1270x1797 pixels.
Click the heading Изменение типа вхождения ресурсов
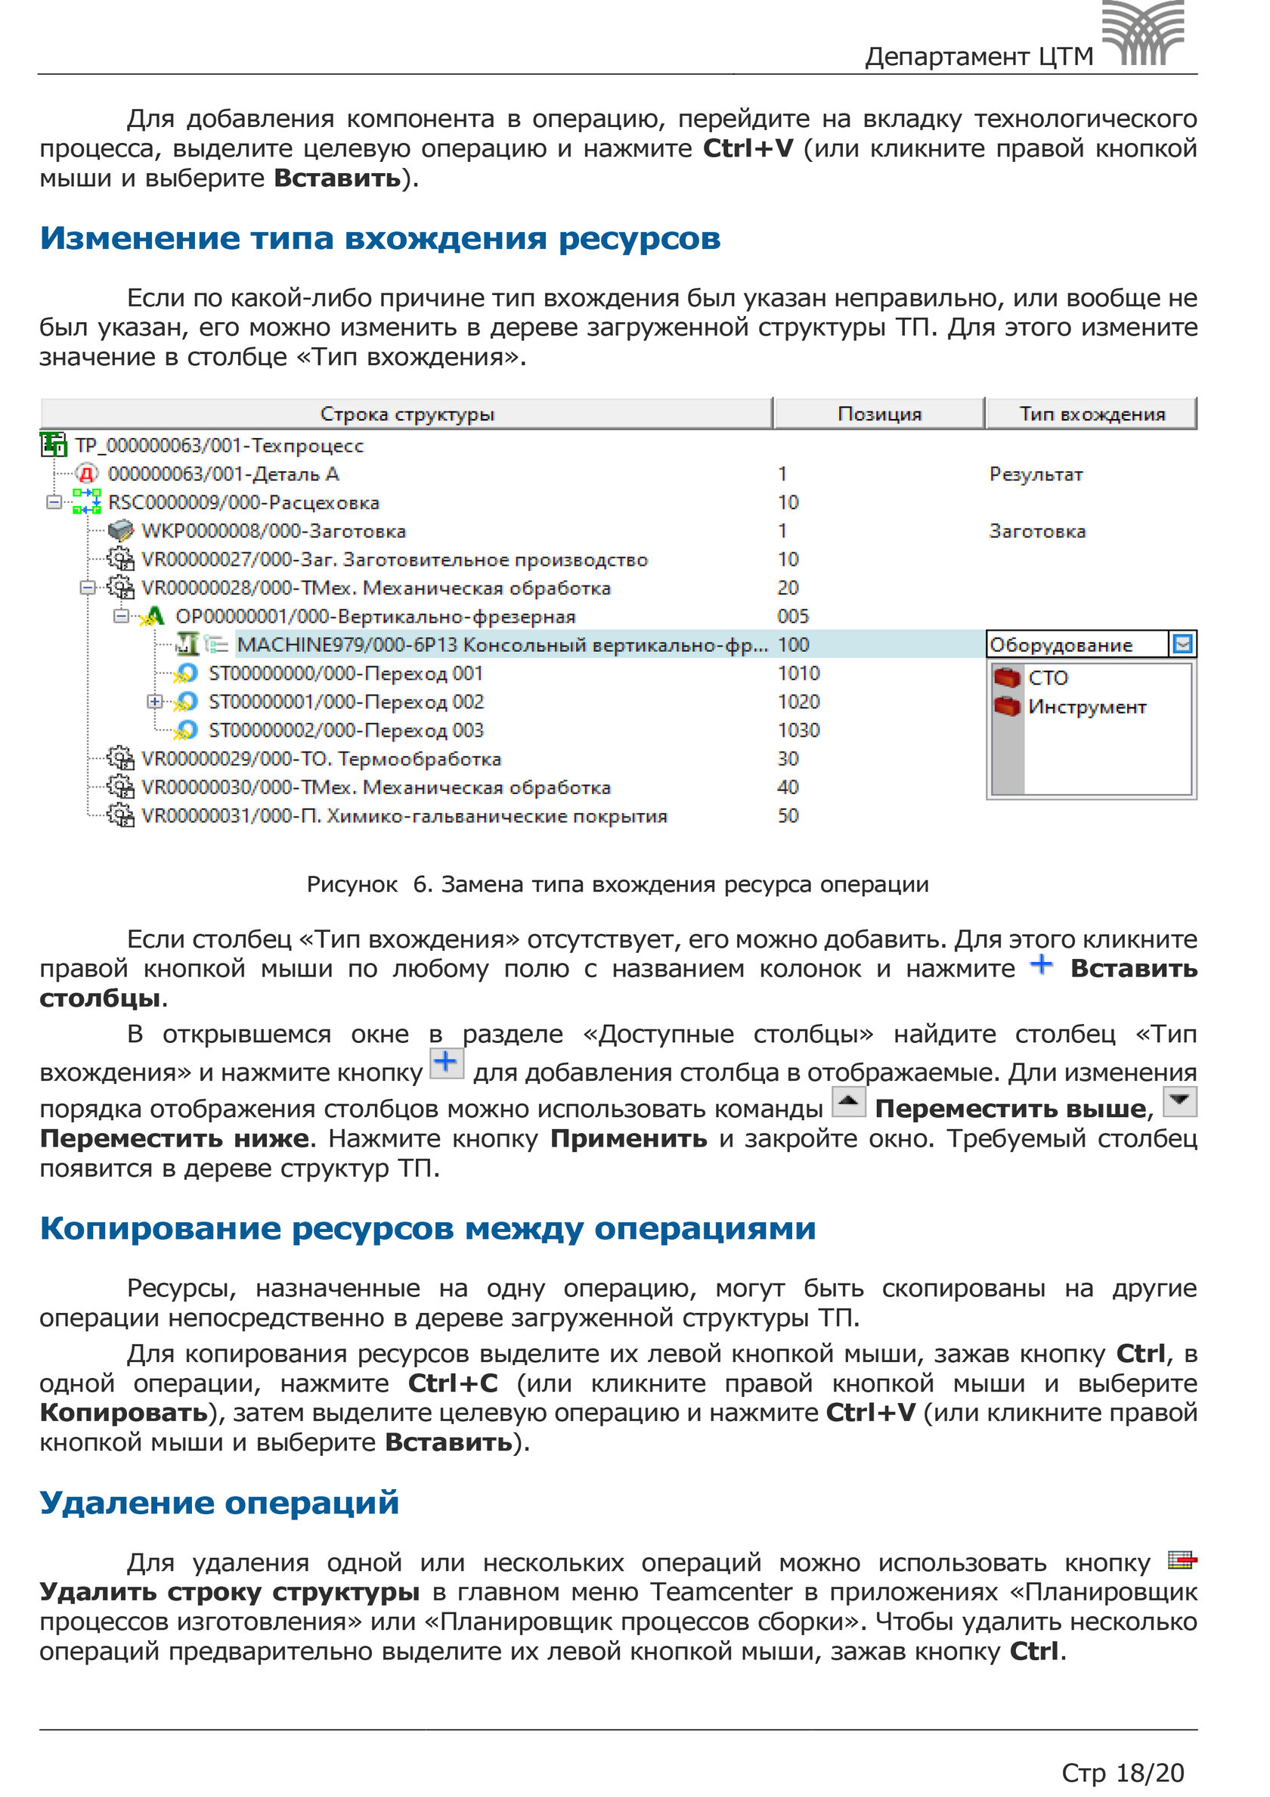(x=380, y=238)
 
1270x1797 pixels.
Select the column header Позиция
(x=878, y=413)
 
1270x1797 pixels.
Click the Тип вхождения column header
(x=1092, y=413)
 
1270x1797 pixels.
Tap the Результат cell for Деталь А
(x=1036, y=474)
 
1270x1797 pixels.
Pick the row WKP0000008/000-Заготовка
(x=273, y=532)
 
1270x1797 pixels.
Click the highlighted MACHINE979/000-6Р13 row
(x=500, y=645)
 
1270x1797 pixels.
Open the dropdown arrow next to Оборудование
(x=1182, y=644)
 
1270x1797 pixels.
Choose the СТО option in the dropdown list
(x=1048, y=678)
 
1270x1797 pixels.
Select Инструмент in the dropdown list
(x=1086, y=706)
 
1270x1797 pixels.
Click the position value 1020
(x=798, y=702)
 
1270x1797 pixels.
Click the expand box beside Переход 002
(x=155, y=702)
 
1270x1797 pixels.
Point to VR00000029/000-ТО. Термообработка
(x=321, y=759)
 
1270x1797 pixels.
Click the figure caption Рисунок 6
(x=618, y=884)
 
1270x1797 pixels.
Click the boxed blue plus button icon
(x=447, y=1063)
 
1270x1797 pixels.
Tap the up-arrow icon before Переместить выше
(x=848, y=1102)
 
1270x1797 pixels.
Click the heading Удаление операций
(x=219, y=1503)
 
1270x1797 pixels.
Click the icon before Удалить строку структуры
(x=1182, y=1560)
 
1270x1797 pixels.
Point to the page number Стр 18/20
(x=1122, y=1772)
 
